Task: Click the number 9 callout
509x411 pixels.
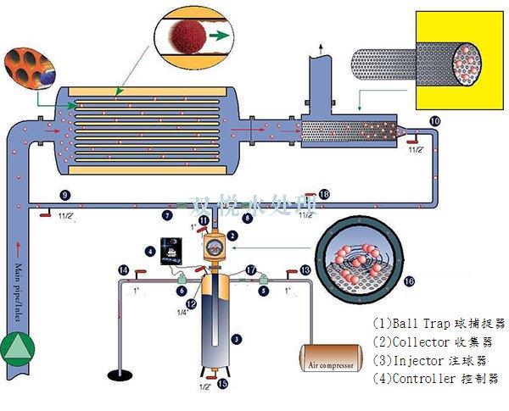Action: pos(65,195)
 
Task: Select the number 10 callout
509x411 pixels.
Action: pos(434,122)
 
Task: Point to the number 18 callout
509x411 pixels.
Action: pos(324,195)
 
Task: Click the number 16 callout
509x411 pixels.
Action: pos(409,280)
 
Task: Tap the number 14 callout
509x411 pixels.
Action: pos(123,269)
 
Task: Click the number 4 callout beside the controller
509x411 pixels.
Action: pos(150,251)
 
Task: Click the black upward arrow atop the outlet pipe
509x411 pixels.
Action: pos(320,42)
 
